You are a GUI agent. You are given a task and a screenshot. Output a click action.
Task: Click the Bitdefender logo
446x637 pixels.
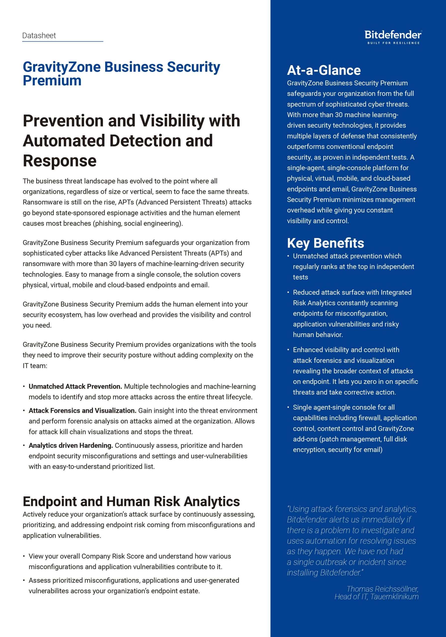(393, 35)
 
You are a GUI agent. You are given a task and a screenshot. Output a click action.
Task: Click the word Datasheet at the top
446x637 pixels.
(39, 36)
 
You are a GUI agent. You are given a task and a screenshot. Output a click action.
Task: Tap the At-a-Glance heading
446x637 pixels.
(324, 70)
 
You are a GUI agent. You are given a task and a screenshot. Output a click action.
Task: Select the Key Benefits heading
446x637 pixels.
(325, 243)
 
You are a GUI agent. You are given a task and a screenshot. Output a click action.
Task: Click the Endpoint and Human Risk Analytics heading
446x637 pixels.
(131, 501)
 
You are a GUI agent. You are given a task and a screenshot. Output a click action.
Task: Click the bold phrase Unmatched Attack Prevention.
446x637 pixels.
(75, 386)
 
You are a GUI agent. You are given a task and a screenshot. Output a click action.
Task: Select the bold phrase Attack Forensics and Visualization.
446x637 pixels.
(82, 411)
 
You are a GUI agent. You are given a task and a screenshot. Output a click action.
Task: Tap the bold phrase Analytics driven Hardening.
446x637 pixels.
(71, 445)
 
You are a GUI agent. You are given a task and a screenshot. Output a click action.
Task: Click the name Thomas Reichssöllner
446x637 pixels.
(382, 589)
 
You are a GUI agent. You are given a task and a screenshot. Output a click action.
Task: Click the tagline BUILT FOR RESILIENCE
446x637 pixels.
(393, 43)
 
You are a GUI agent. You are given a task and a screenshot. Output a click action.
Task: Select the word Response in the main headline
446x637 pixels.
(60, 161)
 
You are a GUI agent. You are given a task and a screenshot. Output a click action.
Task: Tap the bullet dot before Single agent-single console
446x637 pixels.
(288, 407)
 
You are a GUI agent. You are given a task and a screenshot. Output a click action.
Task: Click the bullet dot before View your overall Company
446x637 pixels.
(24, 556)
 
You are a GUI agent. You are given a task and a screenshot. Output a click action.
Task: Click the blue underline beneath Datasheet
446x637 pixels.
(62, 42)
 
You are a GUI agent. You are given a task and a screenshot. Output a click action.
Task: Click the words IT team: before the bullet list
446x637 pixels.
(35, 366)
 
